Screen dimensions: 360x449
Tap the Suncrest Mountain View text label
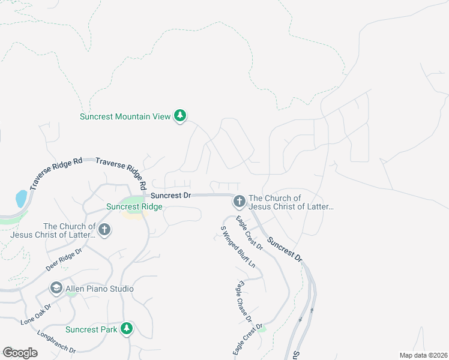(x=125, y=116)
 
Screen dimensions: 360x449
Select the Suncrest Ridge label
(x=134, y=207)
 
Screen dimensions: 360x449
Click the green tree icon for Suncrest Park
(x=127, y=329)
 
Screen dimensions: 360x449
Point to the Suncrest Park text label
(x=91, y=329)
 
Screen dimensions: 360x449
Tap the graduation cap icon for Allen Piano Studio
(x=56, y=289)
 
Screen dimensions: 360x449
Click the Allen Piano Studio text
(x=99, y=289)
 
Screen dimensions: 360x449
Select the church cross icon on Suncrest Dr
(x=239, y=201)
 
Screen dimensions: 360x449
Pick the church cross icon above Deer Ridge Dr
(x=104, y=229)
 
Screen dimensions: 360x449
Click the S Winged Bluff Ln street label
(x=238, y=247)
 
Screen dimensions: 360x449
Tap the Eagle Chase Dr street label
(x=244, y=301)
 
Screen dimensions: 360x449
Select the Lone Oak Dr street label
(x=36, y=314)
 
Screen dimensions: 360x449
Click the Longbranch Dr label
(x=56, y=341)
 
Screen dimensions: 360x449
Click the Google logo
(x=20, y=353)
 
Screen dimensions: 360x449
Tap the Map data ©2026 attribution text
(x=423, y=355)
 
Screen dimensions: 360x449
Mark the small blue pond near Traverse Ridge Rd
(x=21, y=199)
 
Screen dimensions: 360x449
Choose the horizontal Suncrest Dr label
(x=170, y=196)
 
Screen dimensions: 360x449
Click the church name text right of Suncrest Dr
(x=291, y=203)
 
